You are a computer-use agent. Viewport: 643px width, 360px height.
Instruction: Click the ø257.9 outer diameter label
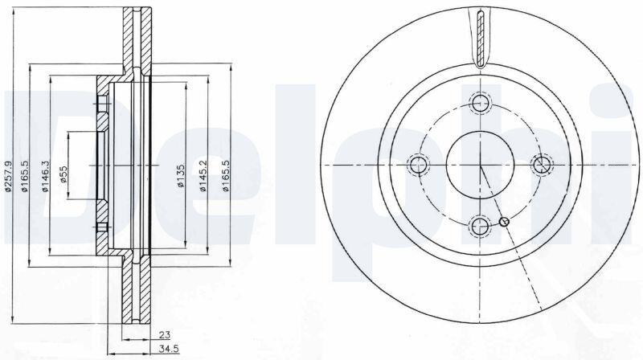tap(9, 177)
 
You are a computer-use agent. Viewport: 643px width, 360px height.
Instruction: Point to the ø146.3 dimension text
tap(45, 177)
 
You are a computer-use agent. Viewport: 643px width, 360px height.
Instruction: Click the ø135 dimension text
tap(181, 176)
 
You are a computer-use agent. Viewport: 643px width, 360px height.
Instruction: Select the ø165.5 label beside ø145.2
tap(225, 176)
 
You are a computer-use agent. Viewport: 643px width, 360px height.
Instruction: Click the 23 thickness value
tap(165, 335)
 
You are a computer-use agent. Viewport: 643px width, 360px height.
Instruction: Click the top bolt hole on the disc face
tap(480, 103)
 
